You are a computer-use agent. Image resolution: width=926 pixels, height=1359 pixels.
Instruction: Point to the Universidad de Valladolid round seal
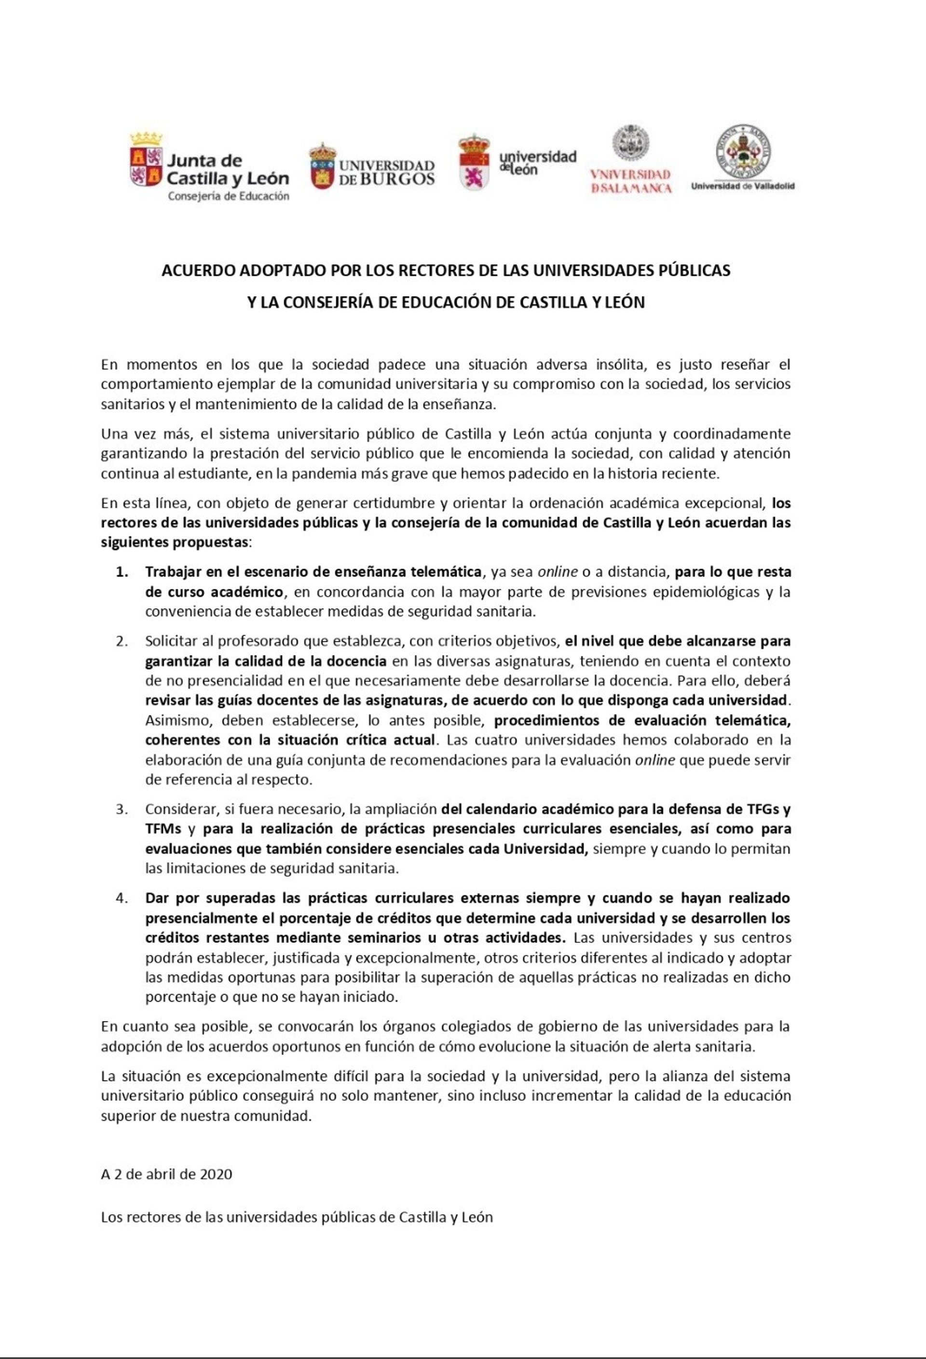point(743,150)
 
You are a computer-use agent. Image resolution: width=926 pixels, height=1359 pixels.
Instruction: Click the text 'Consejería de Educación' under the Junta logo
point(228,196)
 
